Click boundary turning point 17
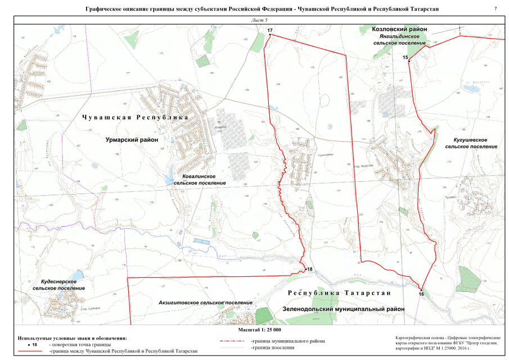pos(270,35)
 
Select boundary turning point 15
pos(409,61)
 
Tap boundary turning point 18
pos(305,270)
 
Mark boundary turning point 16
pos(421,289)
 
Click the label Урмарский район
pos(132,138)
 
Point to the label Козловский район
pos(400,28)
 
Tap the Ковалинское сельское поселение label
pos(199,179)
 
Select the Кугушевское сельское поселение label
pos(471,142)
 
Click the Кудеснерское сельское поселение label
pos(59,284)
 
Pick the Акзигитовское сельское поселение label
pos(205,302)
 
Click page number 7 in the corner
pos(496,8)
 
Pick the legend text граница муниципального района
pos(287,341)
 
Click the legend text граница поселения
pos(273,348)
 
